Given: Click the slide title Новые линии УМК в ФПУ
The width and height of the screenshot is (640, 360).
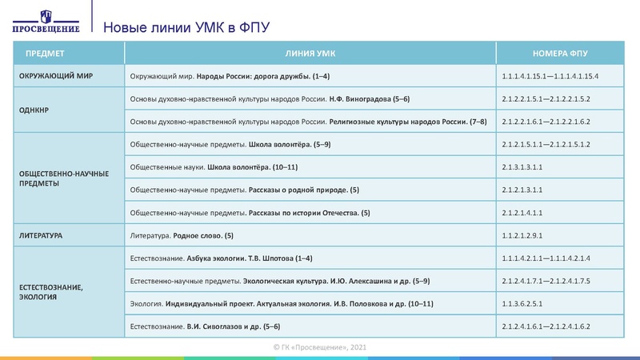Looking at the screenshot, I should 186,28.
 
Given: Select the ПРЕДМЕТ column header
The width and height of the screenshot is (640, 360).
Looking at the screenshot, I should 45,54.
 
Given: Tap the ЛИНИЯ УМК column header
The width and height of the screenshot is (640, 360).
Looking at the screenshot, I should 310,54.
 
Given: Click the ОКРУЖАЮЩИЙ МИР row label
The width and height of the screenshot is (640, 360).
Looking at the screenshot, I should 54,76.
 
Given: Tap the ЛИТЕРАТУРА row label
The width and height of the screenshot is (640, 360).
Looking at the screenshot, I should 41,237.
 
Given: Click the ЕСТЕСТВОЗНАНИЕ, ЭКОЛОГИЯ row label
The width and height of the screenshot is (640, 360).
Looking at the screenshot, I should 50,292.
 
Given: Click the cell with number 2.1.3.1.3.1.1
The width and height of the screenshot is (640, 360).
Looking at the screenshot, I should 522,168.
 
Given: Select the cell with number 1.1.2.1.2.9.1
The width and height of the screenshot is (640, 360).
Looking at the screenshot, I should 522,237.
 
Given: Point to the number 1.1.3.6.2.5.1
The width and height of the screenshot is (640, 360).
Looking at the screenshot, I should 522,305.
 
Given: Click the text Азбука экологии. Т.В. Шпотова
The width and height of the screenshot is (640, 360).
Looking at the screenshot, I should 242,259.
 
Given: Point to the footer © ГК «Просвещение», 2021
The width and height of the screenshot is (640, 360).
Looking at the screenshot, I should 320,347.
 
